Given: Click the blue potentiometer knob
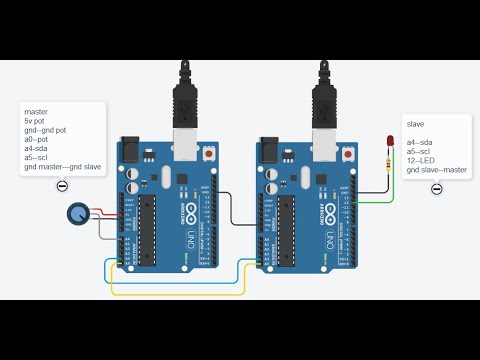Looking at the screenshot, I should coord(77,212).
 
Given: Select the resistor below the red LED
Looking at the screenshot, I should coord(389,163).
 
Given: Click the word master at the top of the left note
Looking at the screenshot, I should coord(36,111).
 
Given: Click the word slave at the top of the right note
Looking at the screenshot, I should coord(415,124).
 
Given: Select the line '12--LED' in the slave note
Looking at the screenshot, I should coord(420,161).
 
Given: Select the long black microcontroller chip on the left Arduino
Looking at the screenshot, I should coord(148,225).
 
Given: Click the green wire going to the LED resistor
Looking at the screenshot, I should coord(375,200).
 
